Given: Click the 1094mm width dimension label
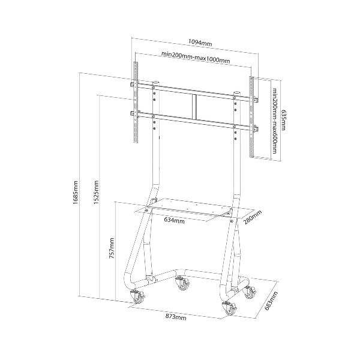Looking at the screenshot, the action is (x=200, y=43).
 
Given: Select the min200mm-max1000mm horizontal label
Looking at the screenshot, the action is (x=196, y=58).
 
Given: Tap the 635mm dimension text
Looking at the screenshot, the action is (x=283, y=119).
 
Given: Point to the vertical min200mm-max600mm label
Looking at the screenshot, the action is (x=275, y=121).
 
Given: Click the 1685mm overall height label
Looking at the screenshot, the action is (x=76, y=193).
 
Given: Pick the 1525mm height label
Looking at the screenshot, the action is (x=96, y=192).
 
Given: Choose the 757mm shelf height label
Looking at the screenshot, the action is (x=112, y=248).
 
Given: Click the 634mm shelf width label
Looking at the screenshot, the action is (x=174, y=220).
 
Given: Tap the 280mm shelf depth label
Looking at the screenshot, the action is (x=253, y=217).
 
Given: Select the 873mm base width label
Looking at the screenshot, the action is (x=176, y=317).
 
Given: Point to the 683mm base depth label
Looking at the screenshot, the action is (x=271, y=301).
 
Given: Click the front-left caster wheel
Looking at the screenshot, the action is (x=138, y=296).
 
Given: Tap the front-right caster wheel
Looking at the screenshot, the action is (x=230, y=308).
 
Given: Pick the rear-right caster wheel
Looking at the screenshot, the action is (x=250, y=292).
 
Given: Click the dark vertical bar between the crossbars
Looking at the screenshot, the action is (x=195, y=107).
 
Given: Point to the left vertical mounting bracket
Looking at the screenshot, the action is (x=136, y=102).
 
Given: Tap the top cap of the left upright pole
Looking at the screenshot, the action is (x=156, y=82).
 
